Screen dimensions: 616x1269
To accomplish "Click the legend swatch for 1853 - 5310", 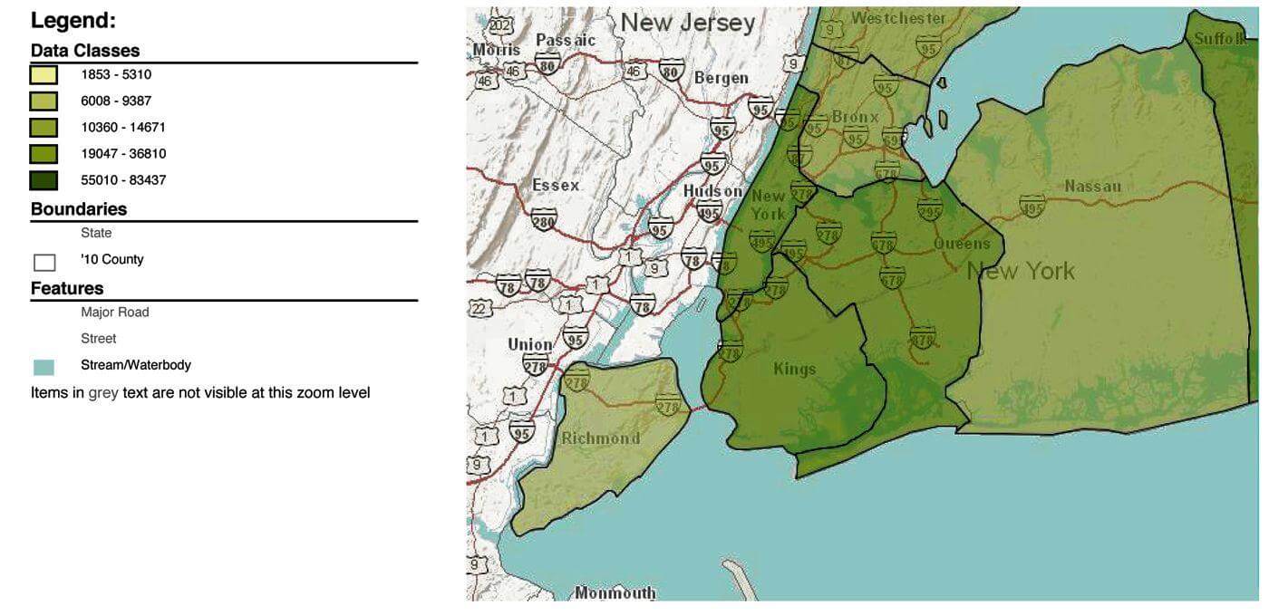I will coord(44,75).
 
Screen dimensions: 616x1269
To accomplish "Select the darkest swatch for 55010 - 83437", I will coord(44,180).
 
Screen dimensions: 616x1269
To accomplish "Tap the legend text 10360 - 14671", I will coord(123,128).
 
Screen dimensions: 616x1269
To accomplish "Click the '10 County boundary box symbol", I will coord(44,263).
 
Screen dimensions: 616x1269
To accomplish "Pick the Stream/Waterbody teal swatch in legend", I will coord(44,367).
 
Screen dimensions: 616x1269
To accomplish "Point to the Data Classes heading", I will coord(85,51).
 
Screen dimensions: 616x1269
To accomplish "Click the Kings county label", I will coord(795,369).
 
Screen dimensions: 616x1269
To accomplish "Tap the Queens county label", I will coord(962,244).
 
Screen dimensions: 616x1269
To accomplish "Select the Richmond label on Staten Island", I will coord(600,438).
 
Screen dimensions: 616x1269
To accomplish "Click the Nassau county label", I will coord(1092,187).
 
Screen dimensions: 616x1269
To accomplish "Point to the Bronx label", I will coord(855,117).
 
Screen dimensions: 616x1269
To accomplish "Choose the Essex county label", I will coord(556,185).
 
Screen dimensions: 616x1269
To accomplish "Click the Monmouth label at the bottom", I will coord(615,593).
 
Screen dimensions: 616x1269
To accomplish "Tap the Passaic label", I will coord(566,40).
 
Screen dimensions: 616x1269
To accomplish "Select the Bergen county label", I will coord(722,78).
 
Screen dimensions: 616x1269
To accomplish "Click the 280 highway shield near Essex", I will coord(544,219).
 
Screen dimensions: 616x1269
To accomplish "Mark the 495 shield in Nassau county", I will coord(1032,207).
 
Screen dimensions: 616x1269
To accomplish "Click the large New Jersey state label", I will coord(687,23).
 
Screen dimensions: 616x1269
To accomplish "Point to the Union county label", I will coord(530,344).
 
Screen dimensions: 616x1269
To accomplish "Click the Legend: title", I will coord(73,21).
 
